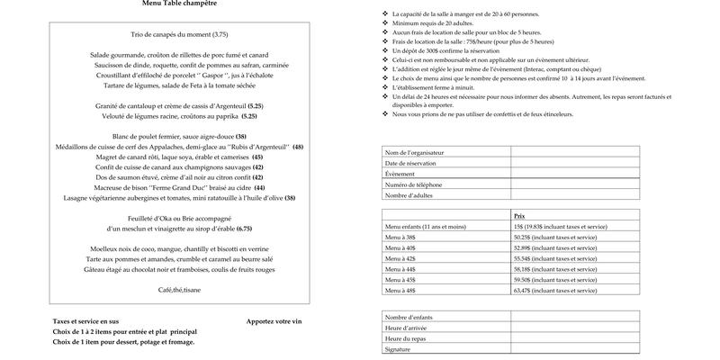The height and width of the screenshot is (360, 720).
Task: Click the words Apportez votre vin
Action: click(274, 321)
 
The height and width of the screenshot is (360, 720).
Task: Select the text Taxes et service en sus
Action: click(85, 321)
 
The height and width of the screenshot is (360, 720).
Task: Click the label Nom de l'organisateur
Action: click(414, 153)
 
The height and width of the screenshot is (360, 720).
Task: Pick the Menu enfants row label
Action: click(426, 227)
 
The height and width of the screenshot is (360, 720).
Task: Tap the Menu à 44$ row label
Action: click(400, 268)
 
